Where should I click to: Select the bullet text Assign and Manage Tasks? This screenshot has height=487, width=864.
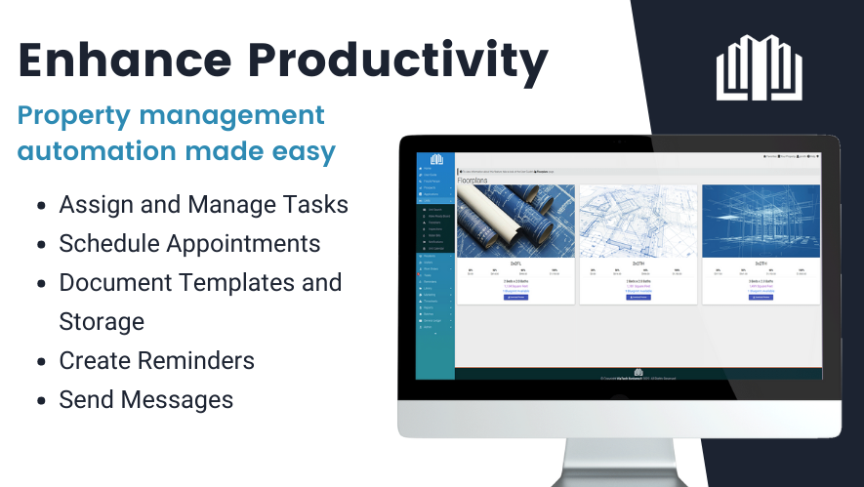(203, 205)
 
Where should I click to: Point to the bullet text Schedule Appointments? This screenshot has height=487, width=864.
(189, 243)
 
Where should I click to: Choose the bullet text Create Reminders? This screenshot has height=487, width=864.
(156, 360)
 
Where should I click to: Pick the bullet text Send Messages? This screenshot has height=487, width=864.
(145, 399)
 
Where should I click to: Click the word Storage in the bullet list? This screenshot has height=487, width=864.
(102, 321)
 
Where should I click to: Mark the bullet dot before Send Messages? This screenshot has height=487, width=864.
(40, 400)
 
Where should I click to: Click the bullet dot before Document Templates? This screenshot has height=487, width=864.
(40, 284)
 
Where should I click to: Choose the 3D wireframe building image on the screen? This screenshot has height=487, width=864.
(761, 222)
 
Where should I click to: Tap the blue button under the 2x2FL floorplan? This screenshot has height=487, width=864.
(514, 297)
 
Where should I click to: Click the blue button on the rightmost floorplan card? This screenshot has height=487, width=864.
(761, 297)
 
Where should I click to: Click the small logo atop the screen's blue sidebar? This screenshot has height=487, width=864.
(436, 159)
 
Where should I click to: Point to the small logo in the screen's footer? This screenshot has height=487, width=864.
(638, 372)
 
